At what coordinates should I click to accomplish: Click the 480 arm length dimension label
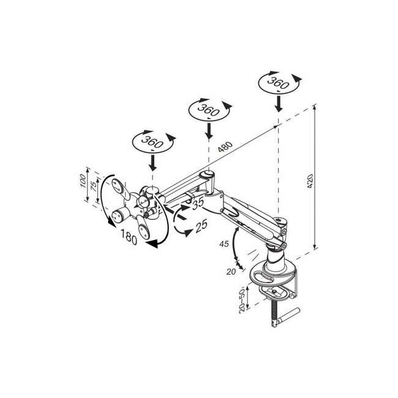point(225,148)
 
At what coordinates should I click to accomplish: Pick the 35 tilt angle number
point(197,203)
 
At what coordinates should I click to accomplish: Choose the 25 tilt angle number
point(201,225)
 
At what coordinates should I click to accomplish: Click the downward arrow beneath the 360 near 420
point(278,102)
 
